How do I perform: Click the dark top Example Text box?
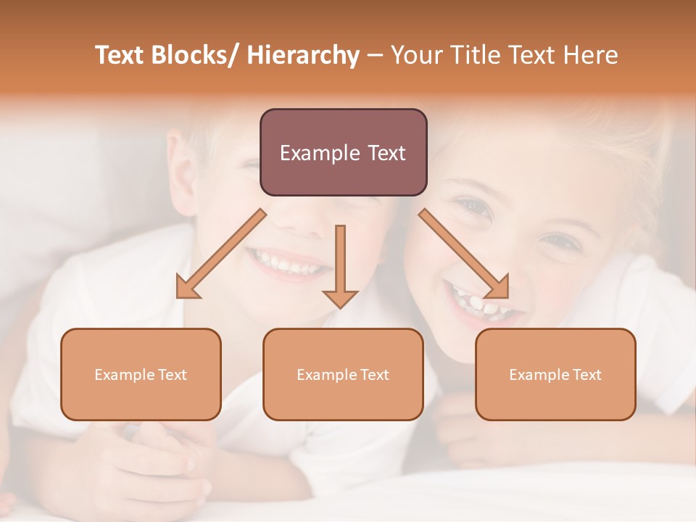point(343,152)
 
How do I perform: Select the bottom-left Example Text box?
point(141,374)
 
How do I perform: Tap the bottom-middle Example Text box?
point(343,374)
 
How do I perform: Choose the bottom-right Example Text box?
point(555,374)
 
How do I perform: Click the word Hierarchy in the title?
point(303,55)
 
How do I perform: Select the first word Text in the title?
point(120,55)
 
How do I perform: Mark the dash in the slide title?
point(375,56)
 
